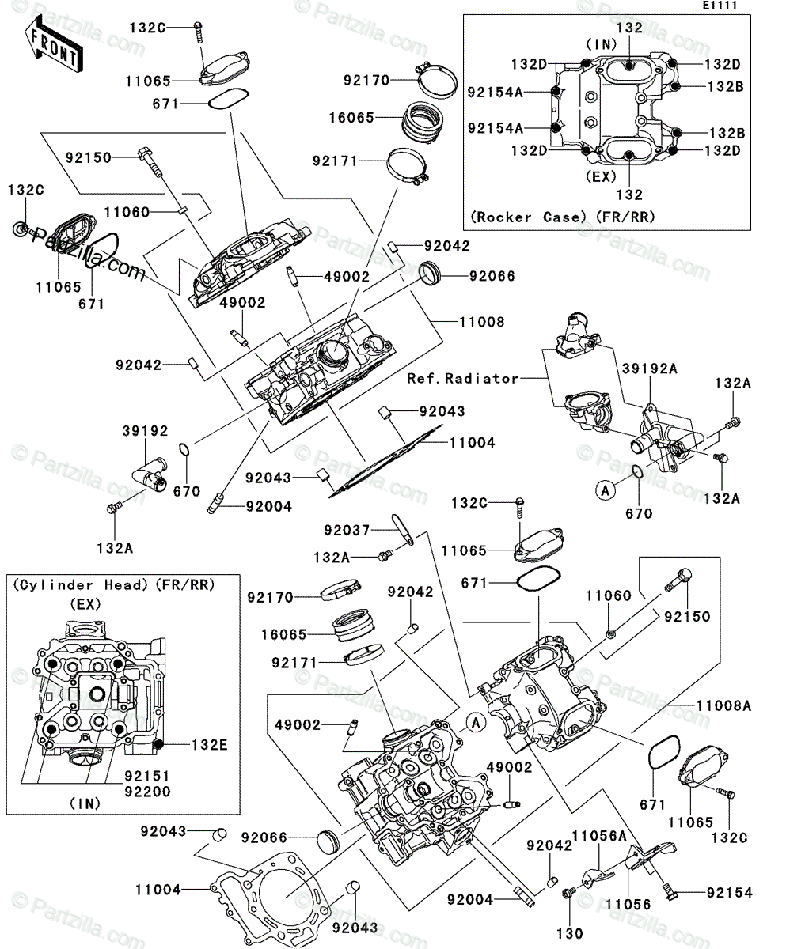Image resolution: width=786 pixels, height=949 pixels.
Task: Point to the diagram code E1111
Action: (x=722, y=6)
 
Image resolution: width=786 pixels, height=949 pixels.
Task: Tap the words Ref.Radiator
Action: (x=463, y=379)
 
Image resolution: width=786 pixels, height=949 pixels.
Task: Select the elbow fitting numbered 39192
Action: (x=149, y=471)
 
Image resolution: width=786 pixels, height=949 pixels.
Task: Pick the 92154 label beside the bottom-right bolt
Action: (x=730, y=893)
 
